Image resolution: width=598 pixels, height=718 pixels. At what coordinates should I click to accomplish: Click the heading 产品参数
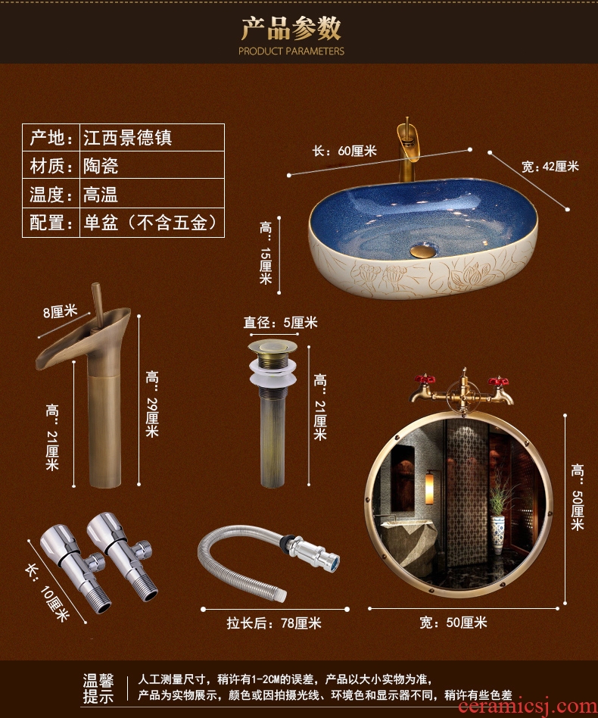point(291,28)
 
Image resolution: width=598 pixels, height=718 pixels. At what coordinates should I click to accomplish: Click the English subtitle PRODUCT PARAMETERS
point(291,52)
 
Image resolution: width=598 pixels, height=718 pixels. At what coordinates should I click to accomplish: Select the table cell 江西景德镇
point(128,138)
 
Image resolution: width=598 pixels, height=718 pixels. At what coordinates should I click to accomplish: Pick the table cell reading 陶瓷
point(101,166)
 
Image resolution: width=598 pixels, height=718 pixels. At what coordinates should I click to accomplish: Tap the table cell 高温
point(101,195)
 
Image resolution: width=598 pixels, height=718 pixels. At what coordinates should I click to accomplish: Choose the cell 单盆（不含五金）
point(149,223)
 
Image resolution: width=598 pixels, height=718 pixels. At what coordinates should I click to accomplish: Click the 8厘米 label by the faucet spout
point(60,312)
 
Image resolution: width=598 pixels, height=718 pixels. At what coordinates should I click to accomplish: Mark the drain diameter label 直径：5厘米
point(280,323)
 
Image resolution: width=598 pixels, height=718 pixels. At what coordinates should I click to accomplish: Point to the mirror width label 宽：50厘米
point(453,623)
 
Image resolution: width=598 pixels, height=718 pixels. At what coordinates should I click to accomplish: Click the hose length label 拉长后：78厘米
point(274,623)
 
